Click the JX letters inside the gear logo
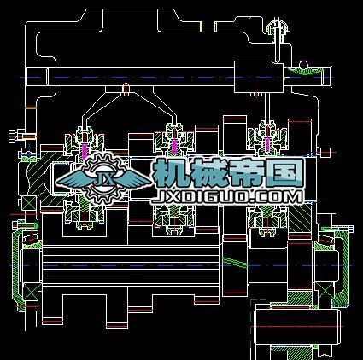pos(103,178)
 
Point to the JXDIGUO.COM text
pos(227,197)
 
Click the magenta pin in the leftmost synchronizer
pos(85,151)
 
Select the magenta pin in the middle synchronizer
pos(174,147)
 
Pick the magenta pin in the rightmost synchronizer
pos(267,144)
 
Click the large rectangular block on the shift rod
pos(259,77)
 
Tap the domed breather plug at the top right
pos(278,27)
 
